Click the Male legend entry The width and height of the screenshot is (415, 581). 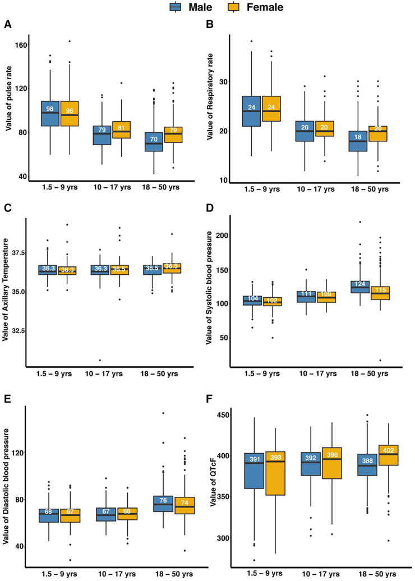click(187, 8)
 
